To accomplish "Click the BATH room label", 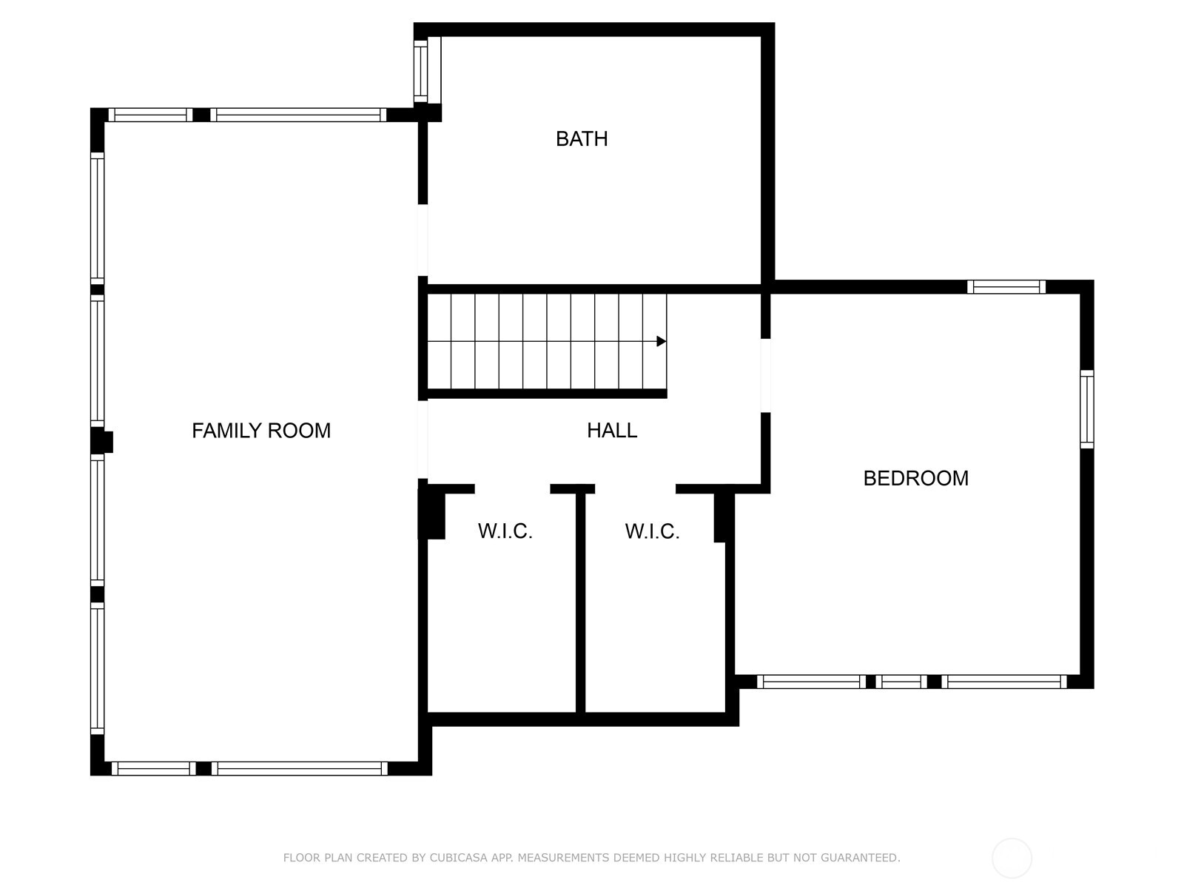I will click(582, 139).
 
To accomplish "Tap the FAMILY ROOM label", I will click(261, 431).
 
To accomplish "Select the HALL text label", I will click(612, 431).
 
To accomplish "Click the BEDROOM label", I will click(915, 478).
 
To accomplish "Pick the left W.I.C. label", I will click(505, 531).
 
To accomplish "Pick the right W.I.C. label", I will click(652, 531).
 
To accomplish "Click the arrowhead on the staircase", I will click(662, 341).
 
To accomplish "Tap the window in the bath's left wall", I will click(420, 71).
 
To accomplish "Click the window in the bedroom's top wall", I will click(1006, 286).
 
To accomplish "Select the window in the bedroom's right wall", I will click(1086, 409).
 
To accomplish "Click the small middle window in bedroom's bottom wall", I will click(901, 682).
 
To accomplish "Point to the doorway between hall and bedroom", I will click(766, 375).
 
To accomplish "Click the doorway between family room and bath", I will click(423, 240).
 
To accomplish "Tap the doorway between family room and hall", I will click(423, 439).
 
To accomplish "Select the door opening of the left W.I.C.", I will click(512, 489).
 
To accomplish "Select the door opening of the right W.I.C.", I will click(635, 489).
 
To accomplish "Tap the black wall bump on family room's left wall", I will click(103, 442).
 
